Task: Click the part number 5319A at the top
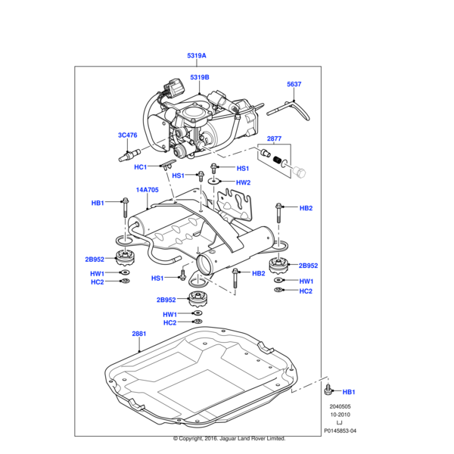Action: coord(197,56)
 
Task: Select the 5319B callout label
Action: coord(200,77)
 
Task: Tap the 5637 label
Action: coord(294,85)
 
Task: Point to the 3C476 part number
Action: coord(127,135)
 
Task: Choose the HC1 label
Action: coord(140,167)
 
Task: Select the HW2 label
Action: coord(242,182)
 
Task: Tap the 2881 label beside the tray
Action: coord(139,333)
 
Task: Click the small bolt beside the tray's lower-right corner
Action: coord(328,390)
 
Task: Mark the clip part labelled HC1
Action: coord(168,163)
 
